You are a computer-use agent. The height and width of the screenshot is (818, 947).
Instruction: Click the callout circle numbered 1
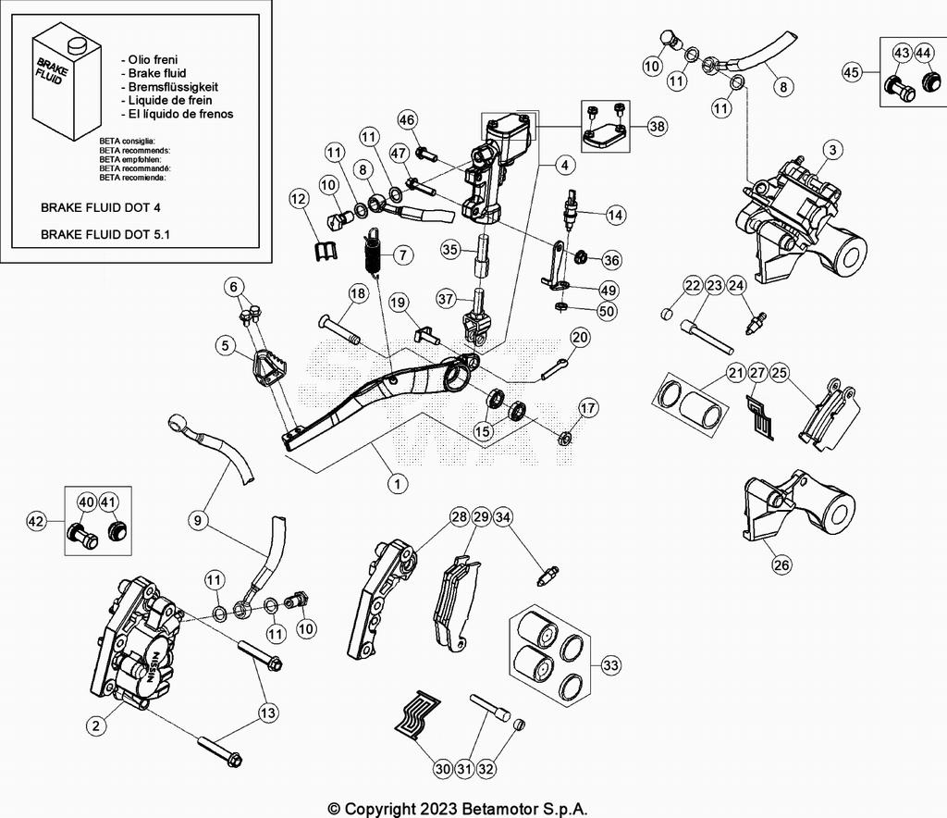click(397, 482)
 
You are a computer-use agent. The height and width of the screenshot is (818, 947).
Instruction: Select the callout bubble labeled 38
click(657, 127)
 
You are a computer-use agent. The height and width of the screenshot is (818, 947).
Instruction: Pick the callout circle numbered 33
click(610, 664)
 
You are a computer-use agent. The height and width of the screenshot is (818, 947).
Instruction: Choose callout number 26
click(781, 564)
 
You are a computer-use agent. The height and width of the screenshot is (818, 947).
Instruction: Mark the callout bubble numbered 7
click(401, 254)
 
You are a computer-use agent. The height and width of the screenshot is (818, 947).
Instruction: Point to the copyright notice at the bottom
click(458, 808)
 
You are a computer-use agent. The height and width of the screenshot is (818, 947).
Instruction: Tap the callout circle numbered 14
click(616, 214)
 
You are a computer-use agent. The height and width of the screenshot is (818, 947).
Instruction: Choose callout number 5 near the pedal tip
click(224, 346)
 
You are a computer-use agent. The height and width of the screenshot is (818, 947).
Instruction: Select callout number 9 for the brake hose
click(197, 521)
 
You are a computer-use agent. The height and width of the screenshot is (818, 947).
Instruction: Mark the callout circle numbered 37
click(447, 299)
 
